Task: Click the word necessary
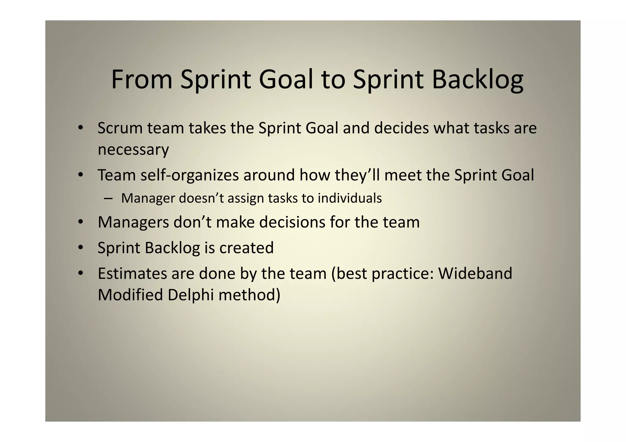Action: click(x=133, y=150)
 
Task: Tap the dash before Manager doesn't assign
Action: click(x=108, y=199)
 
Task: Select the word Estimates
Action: click(x=132, y=273)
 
